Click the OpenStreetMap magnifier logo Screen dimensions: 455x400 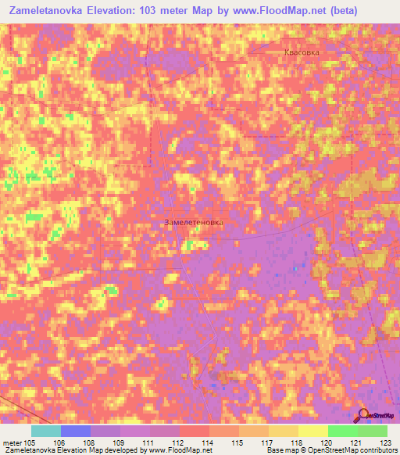363,416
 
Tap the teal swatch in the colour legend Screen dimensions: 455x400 45,431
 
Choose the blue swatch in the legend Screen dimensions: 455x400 75,431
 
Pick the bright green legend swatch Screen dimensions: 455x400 342,431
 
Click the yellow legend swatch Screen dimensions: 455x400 312,431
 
